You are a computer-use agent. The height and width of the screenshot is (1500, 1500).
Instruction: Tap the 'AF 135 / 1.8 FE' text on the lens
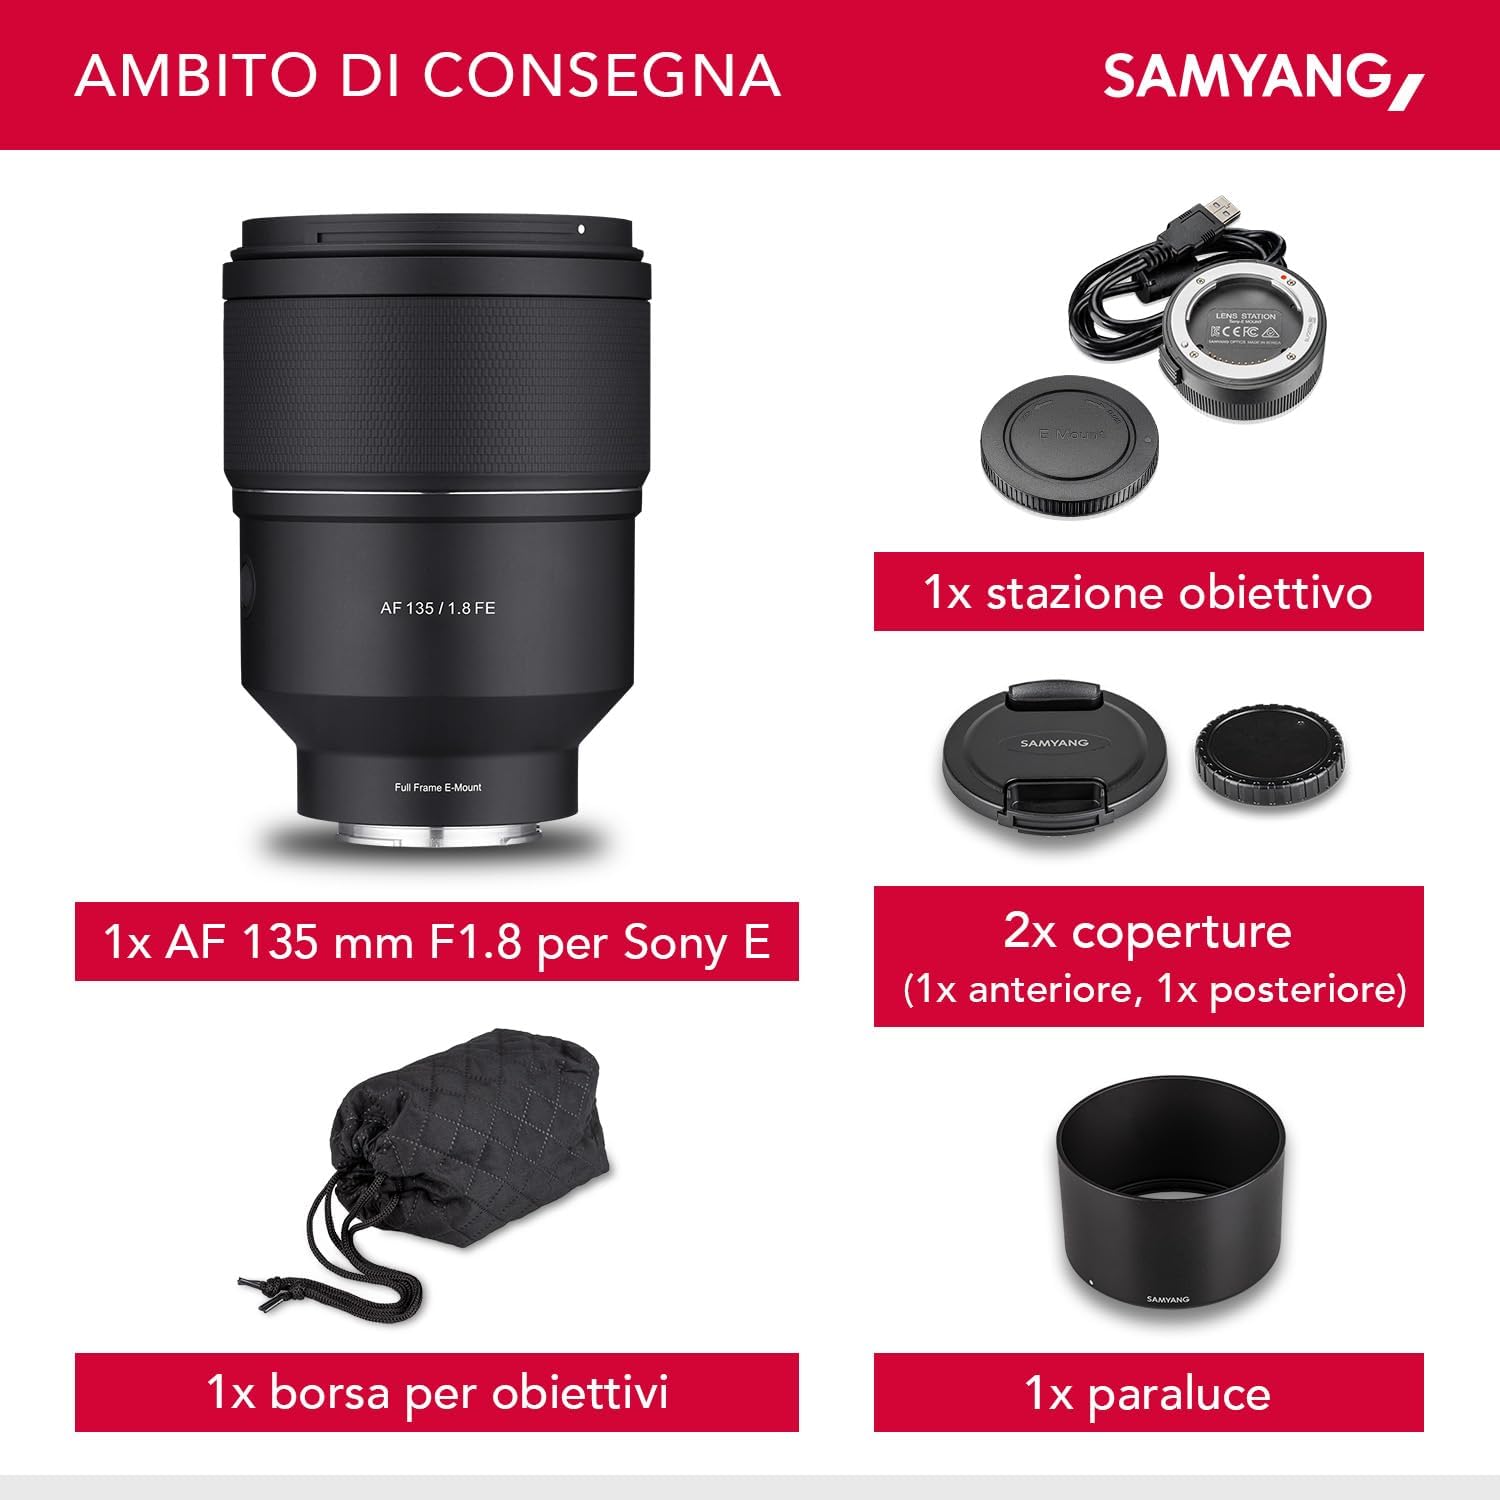(437, 608)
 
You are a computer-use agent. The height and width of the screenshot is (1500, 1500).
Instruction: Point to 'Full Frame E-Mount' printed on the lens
(437, 788)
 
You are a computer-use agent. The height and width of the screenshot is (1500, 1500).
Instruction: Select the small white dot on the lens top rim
(581, 229)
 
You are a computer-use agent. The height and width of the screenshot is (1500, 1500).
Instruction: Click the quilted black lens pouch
(470, 1130)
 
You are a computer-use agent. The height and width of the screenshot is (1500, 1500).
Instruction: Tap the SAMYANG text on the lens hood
(1168, 1299)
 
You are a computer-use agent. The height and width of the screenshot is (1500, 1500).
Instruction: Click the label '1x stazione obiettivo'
(1148, 592)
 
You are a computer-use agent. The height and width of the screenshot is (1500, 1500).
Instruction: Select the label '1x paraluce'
(1148, 1393)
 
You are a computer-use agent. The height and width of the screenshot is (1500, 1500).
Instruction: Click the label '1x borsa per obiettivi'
(437, 1392)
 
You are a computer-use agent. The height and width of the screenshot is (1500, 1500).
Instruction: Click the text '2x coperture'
(1148, 931)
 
